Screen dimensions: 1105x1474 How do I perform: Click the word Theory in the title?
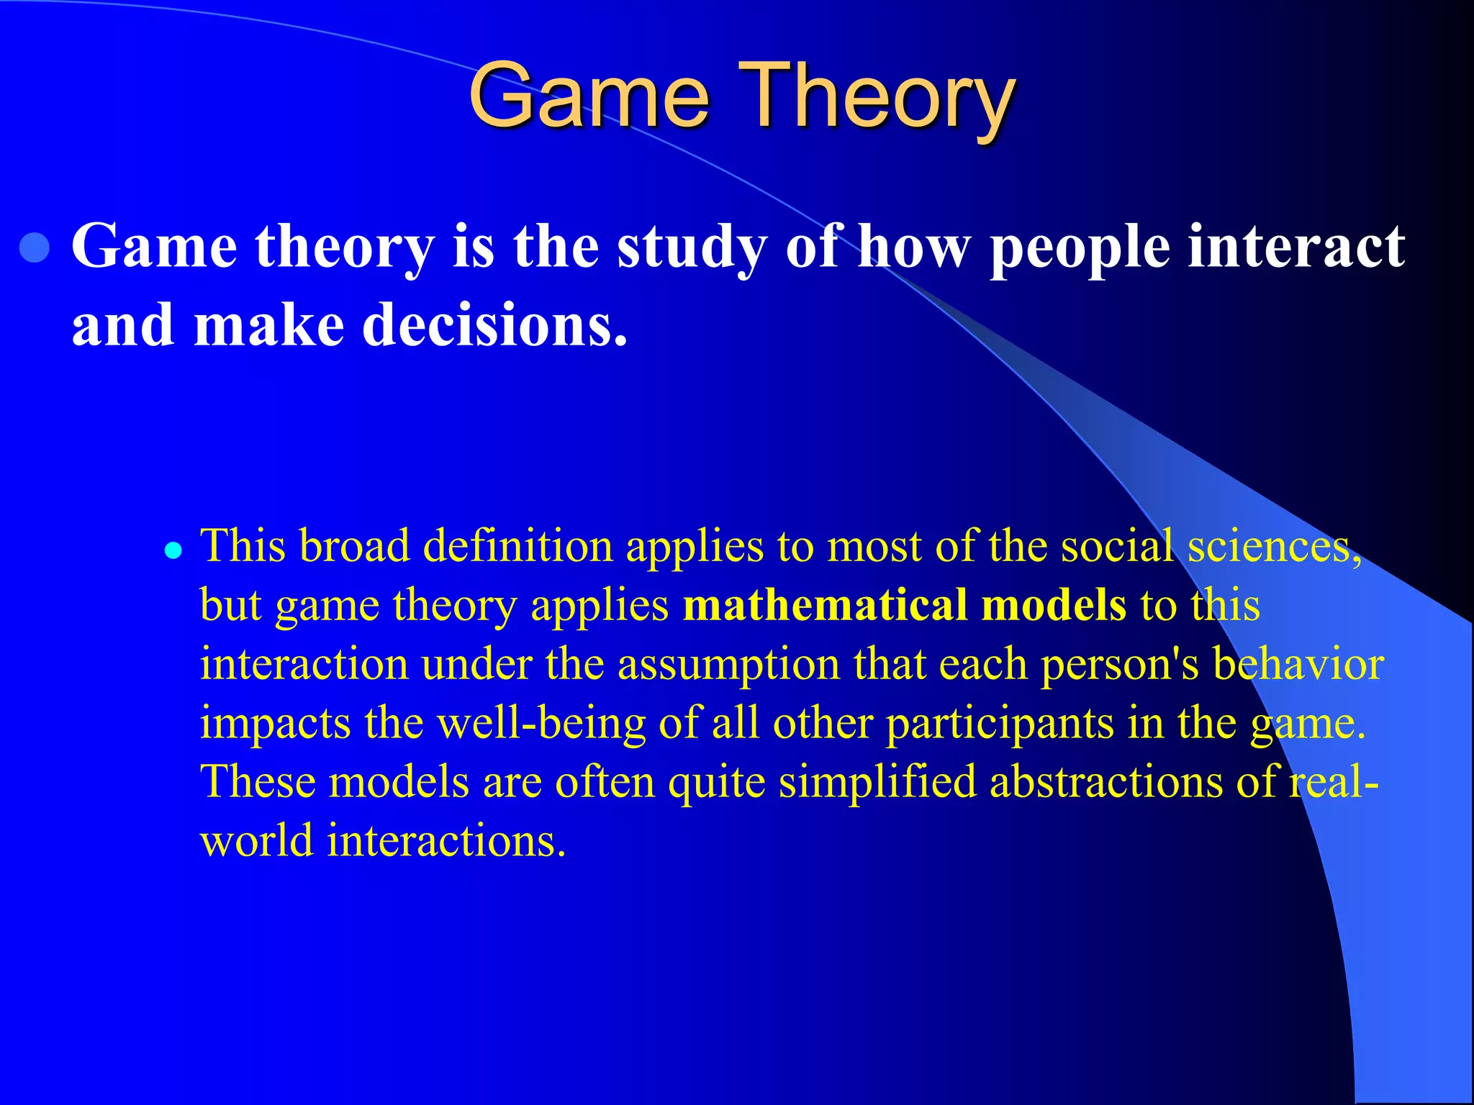877,97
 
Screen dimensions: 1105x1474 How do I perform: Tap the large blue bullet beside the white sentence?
35,248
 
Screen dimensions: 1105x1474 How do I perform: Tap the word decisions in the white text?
494,325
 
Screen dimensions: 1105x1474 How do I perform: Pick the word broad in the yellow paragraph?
354,546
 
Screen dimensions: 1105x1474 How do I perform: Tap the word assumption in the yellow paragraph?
728,664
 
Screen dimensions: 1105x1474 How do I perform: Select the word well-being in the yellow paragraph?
541,723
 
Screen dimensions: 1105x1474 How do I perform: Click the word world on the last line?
256,841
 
